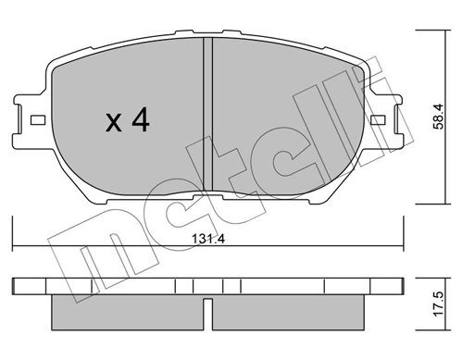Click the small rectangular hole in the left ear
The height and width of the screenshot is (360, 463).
(37, 120)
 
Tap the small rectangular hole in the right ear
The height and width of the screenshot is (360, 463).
(380, 120)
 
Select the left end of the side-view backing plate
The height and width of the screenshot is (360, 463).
(19, 286)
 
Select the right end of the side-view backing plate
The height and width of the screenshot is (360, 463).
(398, 286)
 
